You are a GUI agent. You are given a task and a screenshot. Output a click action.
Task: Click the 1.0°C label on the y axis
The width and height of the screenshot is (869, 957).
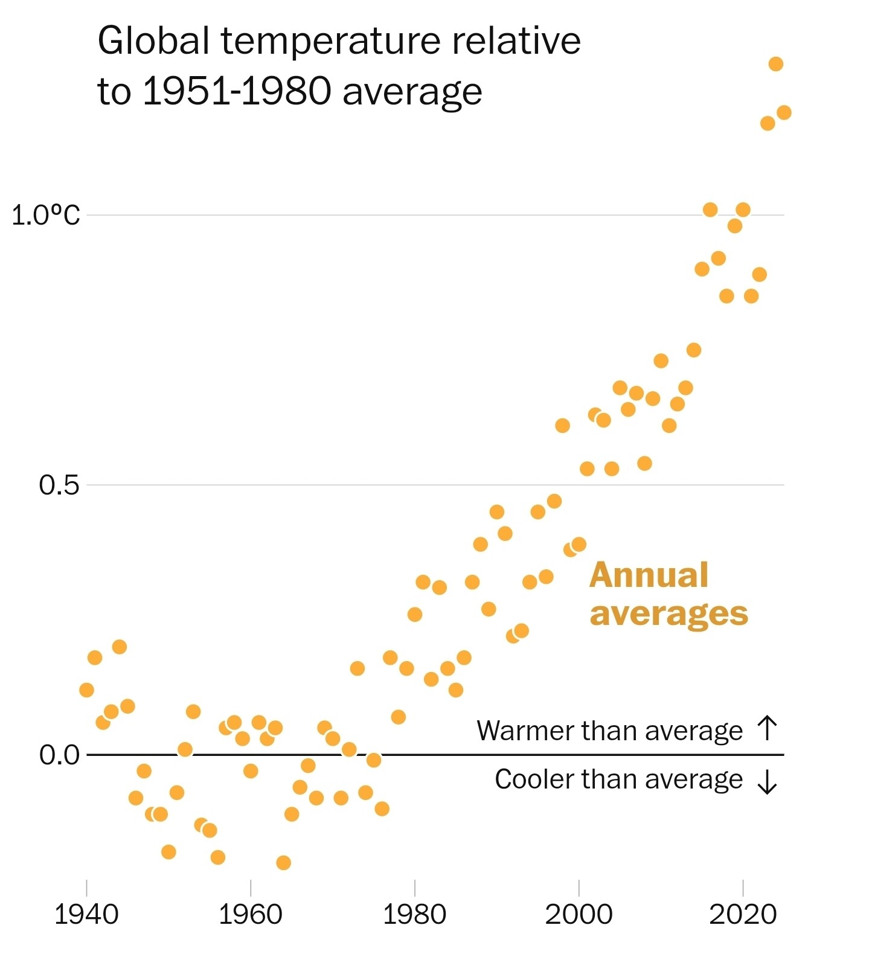point(45,215)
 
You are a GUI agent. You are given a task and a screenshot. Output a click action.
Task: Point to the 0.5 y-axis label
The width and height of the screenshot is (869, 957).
point(59,485)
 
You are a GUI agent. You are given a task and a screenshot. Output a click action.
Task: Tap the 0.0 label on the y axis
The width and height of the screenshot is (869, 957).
point(59,755)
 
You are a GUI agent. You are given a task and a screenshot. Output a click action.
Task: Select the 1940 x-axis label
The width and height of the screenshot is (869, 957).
point(86,915)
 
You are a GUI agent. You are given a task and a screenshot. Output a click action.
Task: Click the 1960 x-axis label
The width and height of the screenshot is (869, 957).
point(250,915)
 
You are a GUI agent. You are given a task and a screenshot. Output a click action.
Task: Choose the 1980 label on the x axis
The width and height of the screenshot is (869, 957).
point(414,915)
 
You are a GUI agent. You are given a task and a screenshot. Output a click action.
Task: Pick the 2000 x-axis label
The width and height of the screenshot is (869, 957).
point(579,915)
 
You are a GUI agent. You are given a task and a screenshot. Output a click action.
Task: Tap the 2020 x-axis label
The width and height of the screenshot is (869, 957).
point(742,915)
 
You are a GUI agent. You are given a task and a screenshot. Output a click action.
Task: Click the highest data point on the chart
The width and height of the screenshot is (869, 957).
point(776,64)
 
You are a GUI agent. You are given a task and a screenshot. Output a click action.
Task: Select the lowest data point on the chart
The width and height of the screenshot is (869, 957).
point(283,862)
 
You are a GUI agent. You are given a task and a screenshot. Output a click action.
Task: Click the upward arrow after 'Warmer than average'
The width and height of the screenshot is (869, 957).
point(767,728)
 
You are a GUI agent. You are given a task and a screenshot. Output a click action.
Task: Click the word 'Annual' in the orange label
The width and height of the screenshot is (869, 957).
point(649,575)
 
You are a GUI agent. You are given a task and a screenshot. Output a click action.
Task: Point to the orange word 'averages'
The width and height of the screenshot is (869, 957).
point(669,613)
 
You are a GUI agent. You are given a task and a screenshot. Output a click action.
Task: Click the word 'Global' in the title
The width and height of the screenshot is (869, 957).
point(153,41)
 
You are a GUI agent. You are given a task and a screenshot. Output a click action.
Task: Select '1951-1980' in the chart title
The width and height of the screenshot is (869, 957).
point(237,92)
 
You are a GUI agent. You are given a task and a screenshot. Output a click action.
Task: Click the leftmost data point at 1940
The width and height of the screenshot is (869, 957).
point(86,690)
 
